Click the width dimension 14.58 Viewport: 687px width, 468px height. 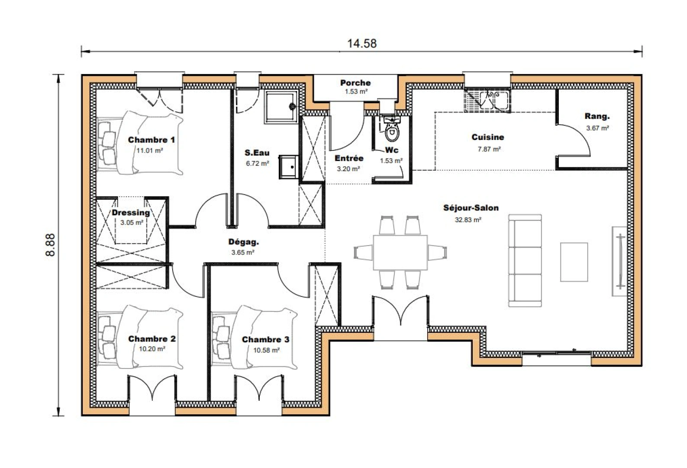click(361, 44)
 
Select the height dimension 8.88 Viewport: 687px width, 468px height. click(51, 245)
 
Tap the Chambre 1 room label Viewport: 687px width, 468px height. click(151, 140)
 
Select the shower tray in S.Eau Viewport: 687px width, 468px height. click(281, 107)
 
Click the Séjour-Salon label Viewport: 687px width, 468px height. click(471, 208)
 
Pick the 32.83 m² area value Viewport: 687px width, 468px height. click(468, 220)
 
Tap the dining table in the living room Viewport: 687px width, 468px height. click(400, 252)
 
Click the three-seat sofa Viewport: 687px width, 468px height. click(525, 260)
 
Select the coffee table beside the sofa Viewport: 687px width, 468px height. click(574, 262)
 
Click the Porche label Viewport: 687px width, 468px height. click(355, 83)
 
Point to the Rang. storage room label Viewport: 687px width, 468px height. click(597, 117)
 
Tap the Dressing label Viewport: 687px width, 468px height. click(131, 213)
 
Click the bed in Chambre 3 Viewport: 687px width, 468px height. click(255, 338)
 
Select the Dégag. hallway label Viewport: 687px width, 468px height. click(243, 242)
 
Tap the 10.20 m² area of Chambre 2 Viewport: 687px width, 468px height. click(152, 349)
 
